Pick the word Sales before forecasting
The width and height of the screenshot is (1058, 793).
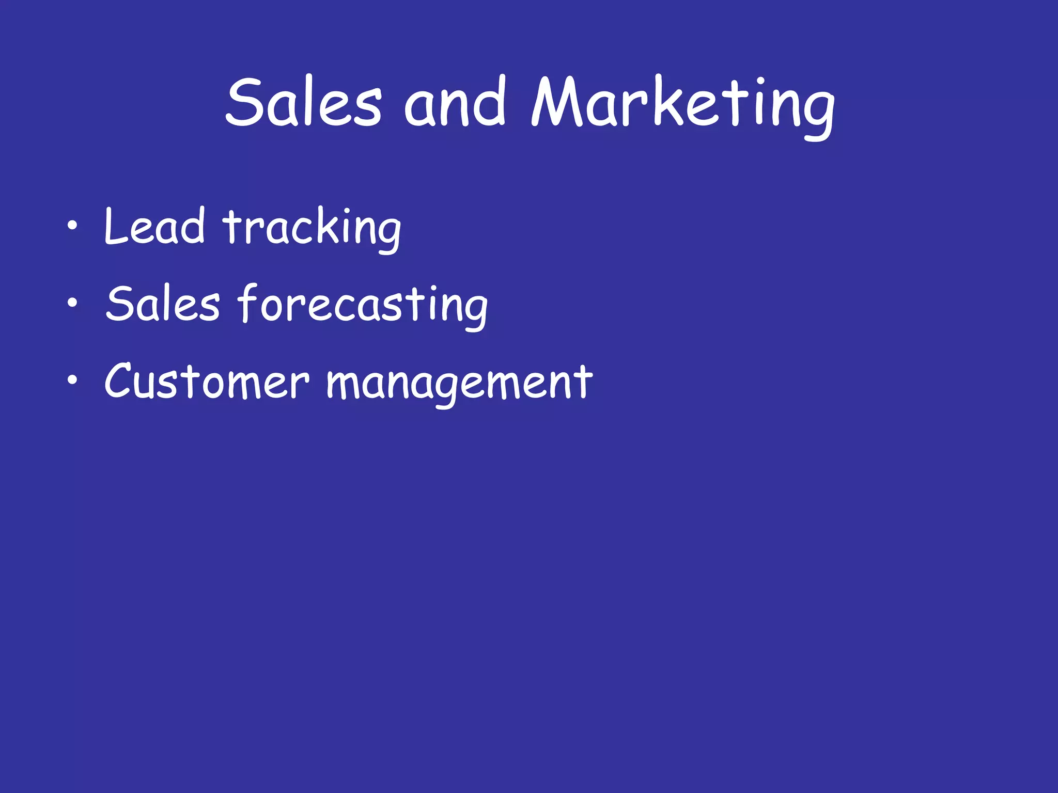[163, 305]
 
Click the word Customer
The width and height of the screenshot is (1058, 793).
[207, 382]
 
